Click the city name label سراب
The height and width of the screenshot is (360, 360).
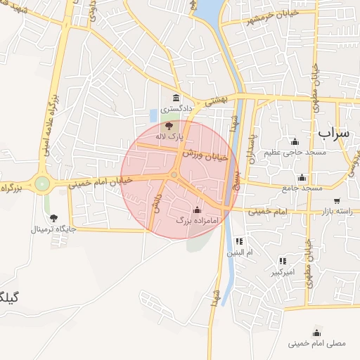tap(333, 132)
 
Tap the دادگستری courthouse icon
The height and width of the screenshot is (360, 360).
tap(175, 97)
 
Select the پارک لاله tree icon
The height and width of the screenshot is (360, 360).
tap(168, 124)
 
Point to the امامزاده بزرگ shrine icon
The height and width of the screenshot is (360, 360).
tap(197, 210)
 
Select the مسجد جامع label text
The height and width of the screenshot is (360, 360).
tap(302, 188)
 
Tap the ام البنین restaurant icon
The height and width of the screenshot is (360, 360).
tap(239, 241)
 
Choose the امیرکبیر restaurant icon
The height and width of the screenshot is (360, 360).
tap(283, 261)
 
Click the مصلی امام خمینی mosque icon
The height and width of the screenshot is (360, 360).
tap(317, 333)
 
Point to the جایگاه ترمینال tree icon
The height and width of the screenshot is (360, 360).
tap(53, 218)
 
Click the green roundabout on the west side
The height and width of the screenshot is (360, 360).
tap(43, 184)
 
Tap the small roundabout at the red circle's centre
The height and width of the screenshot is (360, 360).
tap(174, 174)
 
